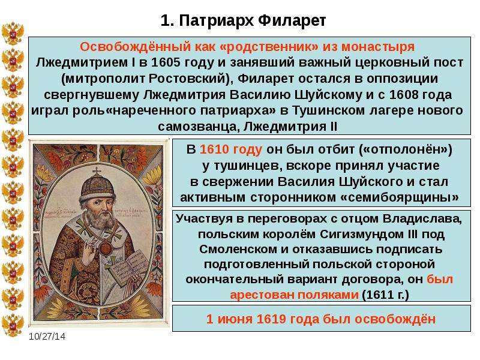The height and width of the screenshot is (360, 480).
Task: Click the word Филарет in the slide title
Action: point(292,21)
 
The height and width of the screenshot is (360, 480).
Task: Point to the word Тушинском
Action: point(328,110)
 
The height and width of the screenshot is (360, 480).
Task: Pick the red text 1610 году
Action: point(231,149)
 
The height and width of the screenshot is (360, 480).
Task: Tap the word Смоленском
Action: point(238,250)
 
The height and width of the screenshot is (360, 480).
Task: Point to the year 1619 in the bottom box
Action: point(272,319)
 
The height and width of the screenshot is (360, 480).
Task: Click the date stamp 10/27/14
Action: point(47,337)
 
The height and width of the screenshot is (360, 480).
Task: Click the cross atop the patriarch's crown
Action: point(97,172)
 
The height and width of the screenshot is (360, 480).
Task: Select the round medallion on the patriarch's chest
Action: point(105,247)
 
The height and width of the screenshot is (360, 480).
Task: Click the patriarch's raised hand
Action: point(90,251)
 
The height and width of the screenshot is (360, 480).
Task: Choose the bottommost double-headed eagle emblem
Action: point(13,325)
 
